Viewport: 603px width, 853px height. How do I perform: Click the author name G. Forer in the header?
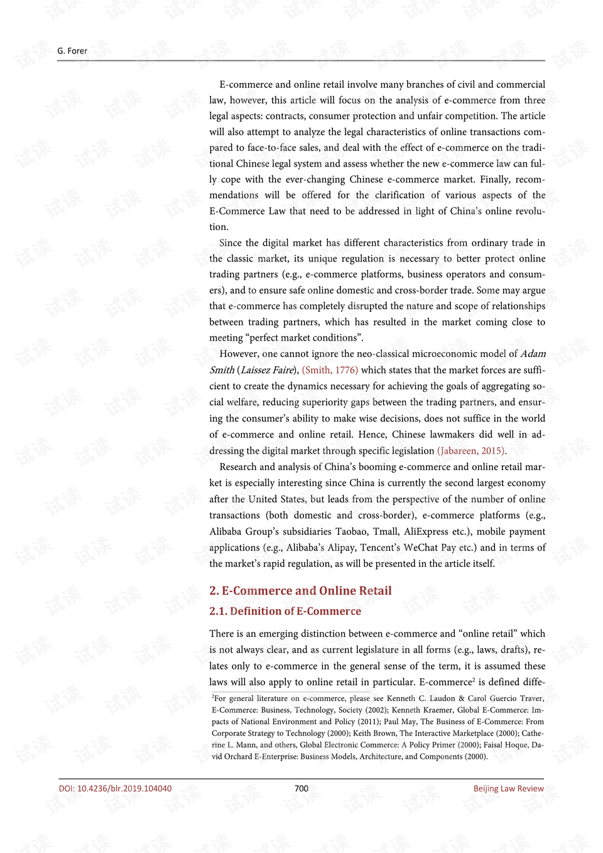pyautogui.click(x=72, y=51)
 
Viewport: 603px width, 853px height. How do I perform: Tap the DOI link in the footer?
pyautogui.click(x=115, y=788)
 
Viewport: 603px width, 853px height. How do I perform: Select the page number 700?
pyautogui.click(x=301, y=788)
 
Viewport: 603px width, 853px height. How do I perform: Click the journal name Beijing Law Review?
pyautogui.click(x=508, y=788)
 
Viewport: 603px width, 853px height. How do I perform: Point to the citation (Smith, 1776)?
pyautogui.click(x=330, y=370)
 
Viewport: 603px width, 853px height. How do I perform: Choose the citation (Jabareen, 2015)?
pyautogui.click(x=471, y=451)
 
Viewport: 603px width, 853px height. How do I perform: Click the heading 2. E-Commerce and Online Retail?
pyautogui.click(x=300, y=591)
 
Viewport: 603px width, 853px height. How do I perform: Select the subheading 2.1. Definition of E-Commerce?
pyautogui.click(x=285, y=611)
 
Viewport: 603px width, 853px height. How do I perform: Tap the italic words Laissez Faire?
pyautogui.click(x=267, y=370)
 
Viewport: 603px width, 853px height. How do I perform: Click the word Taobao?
pyautogui.click(x=352, y=531)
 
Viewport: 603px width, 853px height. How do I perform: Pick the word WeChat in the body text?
pyautogui.click(x=421, y=548)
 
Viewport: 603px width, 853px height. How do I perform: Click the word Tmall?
pyautogui.click(x=386, y=531)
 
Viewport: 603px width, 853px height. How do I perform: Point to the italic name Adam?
pyautogui.click(x=533, y=354)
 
